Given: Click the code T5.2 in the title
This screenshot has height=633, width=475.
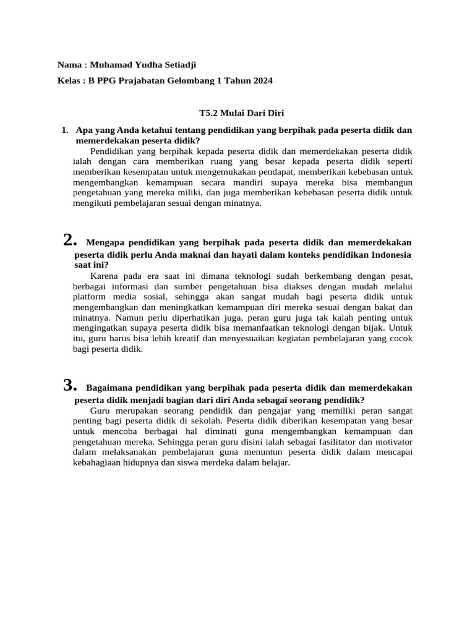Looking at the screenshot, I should coord(210,113).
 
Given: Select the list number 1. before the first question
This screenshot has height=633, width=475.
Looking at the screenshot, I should coord(66,130).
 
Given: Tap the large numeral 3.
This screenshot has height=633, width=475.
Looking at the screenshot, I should coord(70,386).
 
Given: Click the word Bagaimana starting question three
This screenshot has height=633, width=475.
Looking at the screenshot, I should coord(109,388).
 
